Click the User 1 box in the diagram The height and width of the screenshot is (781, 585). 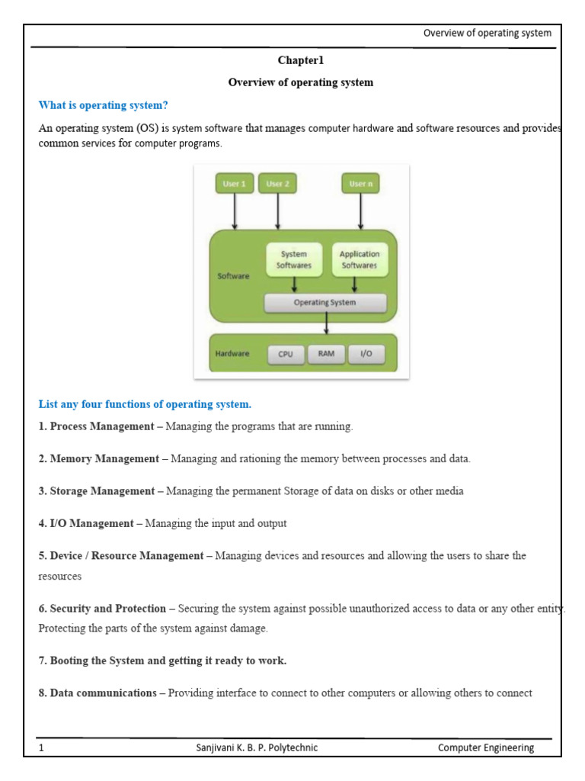coord(234,184)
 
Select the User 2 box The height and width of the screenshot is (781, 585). coord(277,184)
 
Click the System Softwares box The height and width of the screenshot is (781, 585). coord(294,260)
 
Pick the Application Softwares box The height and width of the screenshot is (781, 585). coord(359,260)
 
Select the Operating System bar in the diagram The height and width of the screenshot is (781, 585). coord(324,303)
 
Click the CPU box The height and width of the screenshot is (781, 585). coord(286,354)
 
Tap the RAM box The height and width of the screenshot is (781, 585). coord(326,354)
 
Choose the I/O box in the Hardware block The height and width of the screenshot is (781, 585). coord(366,354)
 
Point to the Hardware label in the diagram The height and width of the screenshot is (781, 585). coord(232,354)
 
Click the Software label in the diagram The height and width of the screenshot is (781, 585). coord(233,276)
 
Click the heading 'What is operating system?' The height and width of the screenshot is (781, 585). coord(103,105)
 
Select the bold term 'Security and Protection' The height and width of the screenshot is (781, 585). coord(107,609)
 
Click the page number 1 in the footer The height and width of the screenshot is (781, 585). coord(41,748)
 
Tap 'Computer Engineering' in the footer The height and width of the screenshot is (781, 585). coord(485,748)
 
